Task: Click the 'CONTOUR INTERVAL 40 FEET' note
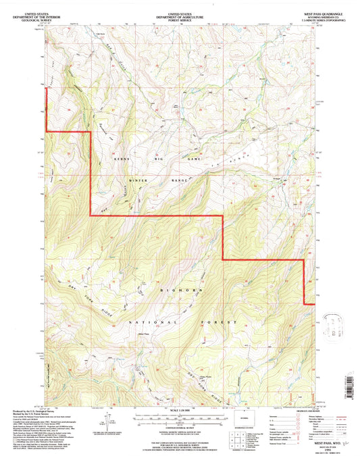click(179, 427)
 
